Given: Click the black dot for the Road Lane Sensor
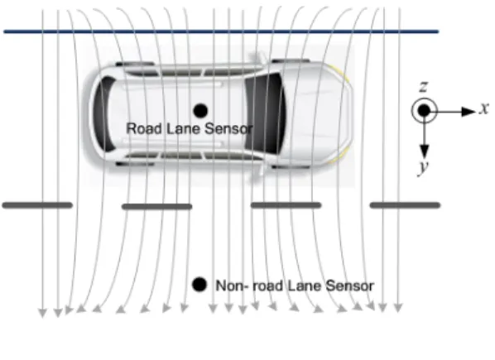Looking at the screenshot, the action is pos(200,111).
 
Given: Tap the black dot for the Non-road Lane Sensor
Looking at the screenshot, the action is pos(199,285).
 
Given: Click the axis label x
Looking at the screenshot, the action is pos(484,108).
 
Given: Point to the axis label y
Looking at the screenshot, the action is pos(424,166).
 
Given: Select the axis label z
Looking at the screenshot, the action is pos(423,86).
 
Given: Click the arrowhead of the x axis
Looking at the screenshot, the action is pos(469,112).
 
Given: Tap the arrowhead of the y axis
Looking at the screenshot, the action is pos(424,151).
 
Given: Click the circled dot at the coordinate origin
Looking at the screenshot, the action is pos(424,111).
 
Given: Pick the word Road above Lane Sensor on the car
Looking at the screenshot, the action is pos(144,128).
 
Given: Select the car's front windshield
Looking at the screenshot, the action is pos(265,113).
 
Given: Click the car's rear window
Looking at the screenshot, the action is pos(103,113).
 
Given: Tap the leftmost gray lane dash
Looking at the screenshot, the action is pos(37,205).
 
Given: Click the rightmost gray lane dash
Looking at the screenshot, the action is pos(405,205).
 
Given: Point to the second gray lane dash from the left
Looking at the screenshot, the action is pos(157,207).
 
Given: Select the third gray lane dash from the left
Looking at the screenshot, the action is pos(286,205).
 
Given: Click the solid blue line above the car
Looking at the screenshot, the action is pos(221,31).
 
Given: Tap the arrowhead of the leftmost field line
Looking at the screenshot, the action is pos(42,313).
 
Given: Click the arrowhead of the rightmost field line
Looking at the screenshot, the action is pos(398,308).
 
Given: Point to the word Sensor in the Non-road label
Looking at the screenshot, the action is pos(350,286).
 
